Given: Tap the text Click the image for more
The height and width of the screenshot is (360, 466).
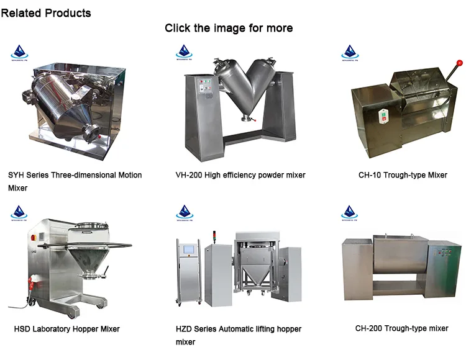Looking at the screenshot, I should coord(229,28).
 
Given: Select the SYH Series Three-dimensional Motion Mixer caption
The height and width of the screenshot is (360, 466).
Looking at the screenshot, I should coord(75,181).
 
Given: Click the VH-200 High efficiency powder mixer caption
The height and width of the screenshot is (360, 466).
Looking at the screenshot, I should coord(240,175).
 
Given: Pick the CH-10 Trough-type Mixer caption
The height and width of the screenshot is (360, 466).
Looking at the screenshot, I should coord(403,175).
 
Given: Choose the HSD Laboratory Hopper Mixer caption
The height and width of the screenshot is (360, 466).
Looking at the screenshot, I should coord(67,328).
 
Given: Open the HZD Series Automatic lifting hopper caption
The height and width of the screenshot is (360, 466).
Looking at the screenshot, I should coord(238,335).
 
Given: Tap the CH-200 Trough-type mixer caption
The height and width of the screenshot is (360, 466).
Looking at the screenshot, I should coord(401,328).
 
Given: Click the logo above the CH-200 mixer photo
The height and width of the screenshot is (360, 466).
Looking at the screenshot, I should coord(350,211).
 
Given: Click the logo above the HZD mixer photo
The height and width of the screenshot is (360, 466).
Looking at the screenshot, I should coord(184,211).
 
